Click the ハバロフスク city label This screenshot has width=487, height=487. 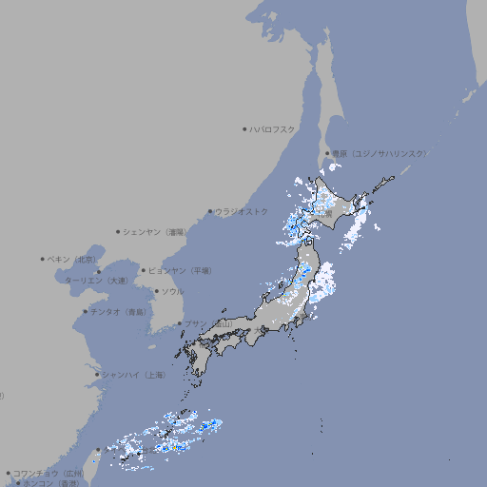[x=273, y=128]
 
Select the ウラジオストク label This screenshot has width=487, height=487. [x=242, y=211]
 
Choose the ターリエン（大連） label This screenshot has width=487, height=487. [x=97, y=281]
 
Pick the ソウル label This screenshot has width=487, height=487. [x=172, y=291]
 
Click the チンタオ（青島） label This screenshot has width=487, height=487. [x=119, y=311]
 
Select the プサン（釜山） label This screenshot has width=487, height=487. [x=207, y=323]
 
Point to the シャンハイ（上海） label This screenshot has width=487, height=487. [x=133, y=375]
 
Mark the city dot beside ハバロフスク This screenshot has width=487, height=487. [x=244, y=128]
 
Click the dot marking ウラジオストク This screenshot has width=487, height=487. [x=210, y=211]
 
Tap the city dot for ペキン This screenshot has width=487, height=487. [x=43, y=259]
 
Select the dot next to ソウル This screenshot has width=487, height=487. [x=156, y=291]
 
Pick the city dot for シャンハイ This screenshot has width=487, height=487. [x=97, y=375]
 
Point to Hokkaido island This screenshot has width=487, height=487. [x=333, y=205]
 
